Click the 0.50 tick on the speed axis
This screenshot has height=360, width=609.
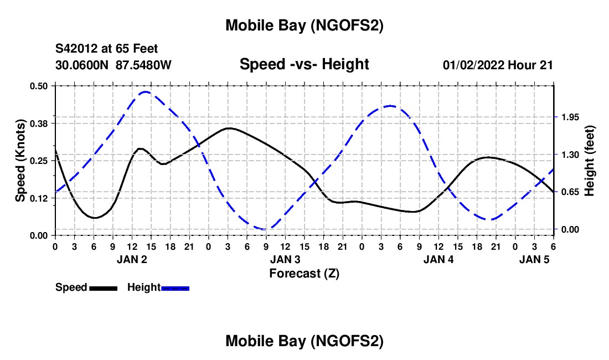39,86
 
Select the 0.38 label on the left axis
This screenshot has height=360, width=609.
39,123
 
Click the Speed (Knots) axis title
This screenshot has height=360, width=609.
20,161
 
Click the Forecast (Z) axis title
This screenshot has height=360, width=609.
304,273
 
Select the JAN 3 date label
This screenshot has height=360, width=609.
285,259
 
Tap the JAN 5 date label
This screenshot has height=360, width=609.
534,259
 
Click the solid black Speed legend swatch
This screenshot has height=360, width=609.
102,287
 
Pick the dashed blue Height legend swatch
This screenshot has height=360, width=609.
175,287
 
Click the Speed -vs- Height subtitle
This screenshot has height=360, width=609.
304,64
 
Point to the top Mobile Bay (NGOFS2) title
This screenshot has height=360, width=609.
304,25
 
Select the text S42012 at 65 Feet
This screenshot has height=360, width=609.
107,49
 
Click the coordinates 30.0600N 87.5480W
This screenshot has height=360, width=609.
113,65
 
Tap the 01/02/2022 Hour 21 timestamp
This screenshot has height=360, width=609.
498,65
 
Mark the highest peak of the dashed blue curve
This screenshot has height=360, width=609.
146,92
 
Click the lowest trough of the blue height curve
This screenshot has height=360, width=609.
266,229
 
